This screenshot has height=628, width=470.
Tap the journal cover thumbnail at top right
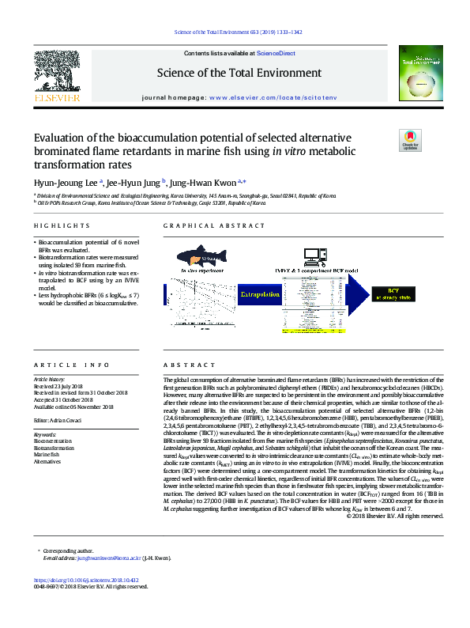(419, 76)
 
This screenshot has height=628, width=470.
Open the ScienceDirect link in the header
(270, 52)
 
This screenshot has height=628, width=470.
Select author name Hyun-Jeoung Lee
(62, 180)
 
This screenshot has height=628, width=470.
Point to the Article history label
(49, 379)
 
